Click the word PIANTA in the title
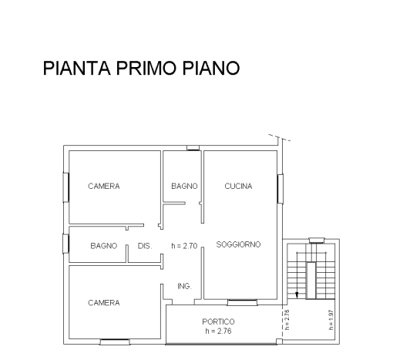tap(76, 68)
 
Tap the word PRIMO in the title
tap(146, 68)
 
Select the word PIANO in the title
tap(211, 68)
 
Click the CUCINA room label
tap(238, 186)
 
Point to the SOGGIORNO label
tap(238, 244)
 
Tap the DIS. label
tap(145, 246)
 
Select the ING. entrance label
tap(184, 286)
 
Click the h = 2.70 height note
tap(184, 246)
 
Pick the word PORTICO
tap(218, 321)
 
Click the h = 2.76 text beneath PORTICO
tap(218, 331)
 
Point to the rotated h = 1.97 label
tap(331, 320)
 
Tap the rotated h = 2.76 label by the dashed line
tap(287, 320)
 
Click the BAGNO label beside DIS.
tap(104, 246)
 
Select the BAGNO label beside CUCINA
tap(184, 186)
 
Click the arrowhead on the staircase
tap(297, 295)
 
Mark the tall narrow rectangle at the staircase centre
tap(311, 281)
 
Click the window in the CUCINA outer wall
tap(280, 189)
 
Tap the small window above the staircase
tap(317, 241)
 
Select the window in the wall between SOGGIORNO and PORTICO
tap(242, 302)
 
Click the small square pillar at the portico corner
tap(279, 341)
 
